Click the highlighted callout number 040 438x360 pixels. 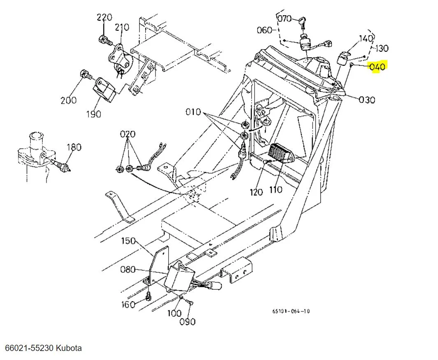tap(378, 67)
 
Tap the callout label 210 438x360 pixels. tap(122, 28)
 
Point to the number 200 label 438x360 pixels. tap(68, 100)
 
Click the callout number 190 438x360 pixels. tap(93, 114)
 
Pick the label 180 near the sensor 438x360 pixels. tap(74, 147)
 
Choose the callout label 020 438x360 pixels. tap(127, 134)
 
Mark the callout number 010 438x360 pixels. tap(193, 112)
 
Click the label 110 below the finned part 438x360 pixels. tap(275, 190)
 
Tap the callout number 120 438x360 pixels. tap(257, 192)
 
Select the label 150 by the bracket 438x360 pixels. tap(128, 240)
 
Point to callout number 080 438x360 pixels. tap(128, 270)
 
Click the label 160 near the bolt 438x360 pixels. tap(128, 304)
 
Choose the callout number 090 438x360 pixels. tap(187, 322)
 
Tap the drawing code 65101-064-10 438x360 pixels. tap(291, 311)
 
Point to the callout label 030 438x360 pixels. tap(367, 100)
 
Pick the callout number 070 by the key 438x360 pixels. tap(284, 19)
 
